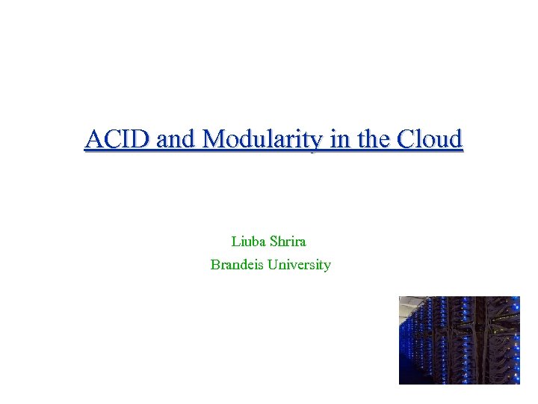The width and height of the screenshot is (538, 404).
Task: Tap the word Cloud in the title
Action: click(x=430, y=139)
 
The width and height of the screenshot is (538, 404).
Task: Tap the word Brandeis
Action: click(x=237, y=265)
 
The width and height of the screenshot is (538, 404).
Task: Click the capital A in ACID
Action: click(x=93, y=139)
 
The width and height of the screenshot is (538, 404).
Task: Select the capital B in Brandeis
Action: click(x=215, y=265)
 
